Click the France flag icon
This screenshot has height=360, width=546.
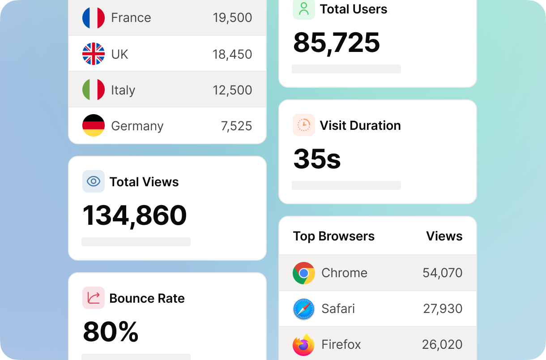tap(94, 18)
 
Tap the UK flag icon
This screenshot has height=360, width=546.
tap(94, 54)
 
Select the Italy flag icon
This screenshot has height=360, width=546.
tap(94, 90)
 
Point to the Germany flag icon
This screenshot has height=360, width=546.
tap(94, 125)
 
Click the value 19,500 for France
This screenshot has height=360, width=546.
tap(232, 18)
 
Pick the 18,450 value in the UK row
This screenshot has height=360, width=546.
tap(232, 54)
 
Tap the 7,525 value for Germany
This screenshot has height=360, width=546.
tap(236, 126)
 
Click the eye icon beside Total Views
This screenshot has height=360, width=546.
tap(94, 181)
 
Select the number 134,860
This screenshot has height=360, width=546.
tap(135, 215)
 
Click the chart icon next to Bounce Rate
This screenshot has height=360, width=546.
tap(94, 298)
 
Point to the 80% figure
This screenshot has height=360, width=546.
tap(111, 332)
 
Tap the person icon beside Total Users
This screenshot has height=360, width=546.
tap(304, 9)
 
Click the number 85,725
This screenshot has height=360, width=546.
tap(337, 43)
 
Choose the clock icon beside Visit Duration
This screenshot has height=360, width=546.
tap(304, 125)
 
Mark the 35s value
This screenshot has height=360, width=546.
tap(317, 159)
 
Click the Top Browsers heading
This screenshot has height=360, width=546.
tap(334, 236)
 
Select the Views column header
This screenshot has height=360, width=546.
tap(444, 236)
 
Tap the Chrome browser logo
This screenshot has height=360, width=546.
tap(304, 273)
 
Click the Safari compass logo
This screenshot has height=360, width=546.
tap(304, 309)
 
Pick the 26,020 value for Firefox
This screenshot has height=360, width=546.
tap(442, 344)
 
